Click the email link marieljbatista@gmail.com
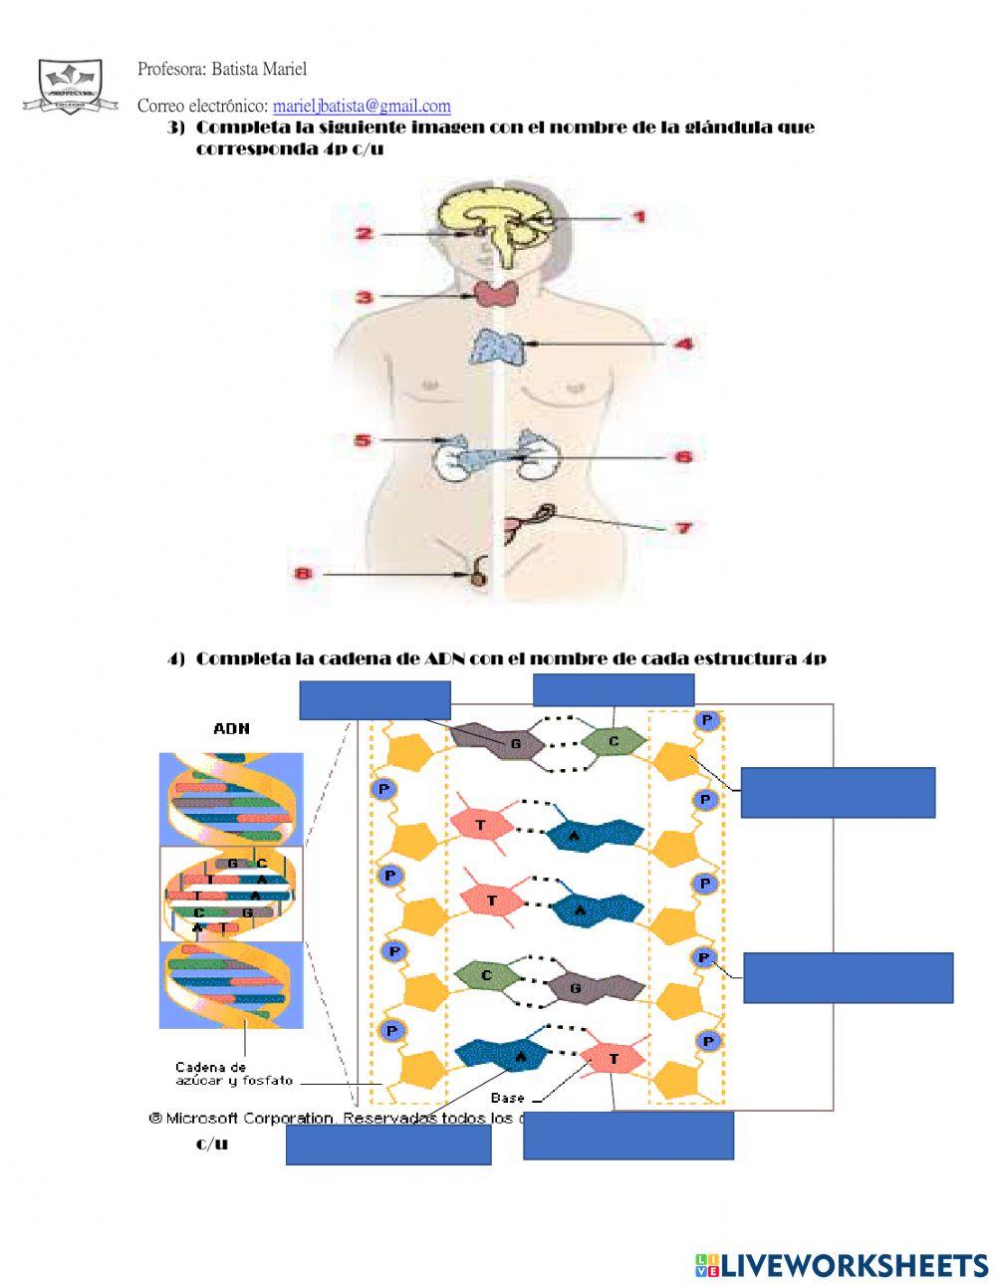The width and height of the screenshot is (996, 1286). [x=362, y=106]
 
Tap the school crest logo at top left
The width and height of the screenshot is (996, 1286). [x=69, y=86]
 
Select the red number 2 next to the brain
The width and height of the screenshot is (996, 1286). [x=365, y=234]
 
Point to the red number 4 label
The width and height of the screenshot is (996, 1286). [x=683, y=344]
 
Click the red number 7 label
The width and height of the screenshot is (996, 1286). [x=683, y=527]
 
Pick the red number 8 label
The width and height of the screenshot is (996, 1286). [x=304, y=574]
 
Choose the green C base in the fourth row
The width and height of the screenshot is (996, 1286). [x=487, y=976]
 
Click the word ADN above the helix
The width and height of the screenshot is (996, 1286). [x=231, y=728]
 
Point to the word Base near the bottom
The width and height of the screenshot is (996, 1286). [x=507, y=1098]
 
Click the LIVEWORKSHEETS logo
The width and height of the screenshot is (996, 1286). [x=841, y=1265]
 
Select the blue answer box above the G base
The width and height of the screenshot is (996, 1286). [x=374, y=699]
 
